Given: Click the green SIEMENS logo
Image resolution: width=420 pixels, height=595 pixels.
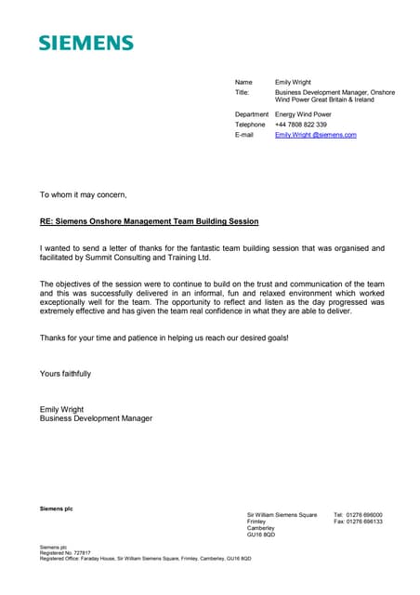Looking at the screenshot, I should tap(85, 43).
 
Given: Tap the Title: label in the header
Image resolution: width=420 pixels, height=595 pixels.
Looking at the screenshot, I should tap(243, 93).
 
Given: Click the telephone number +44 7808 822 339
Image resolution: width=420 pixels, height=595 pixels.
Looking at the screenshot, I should tap(301, 124).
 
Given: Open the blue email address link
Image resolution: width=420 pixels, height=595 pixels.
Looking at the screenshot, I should tap(315, 135).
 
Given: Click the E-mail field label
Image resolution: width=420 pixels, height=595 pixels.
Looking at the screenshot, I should tap(244, 135).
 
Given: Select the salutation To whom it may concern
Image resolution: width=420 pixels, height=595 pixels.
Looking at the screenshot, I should tap(83, 194).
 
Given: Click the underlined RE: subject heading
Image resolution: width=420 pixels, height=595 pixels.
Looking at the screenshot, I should tap(149, 221).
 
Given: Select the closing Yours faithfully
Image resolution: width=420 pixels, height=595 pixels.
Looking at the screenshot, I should tap(65, 373).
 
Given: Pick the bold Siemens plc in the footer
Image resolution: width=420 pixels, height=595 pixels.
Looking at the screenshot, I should tap(56, 508).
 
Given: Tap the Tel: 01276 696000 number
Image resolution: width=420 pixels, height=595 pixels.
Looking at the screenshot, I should tap(358, 515).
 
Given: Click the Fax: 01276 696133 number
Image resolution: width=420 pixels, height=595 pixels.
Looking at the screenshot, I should tap(358, 522).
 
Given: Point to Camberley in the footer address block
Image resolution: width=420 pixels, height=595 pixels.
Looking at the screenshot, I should tap(261, 528).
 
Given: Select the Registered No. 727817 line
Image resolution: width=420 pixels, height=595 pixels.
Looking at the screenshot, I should tap(64, 552).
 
